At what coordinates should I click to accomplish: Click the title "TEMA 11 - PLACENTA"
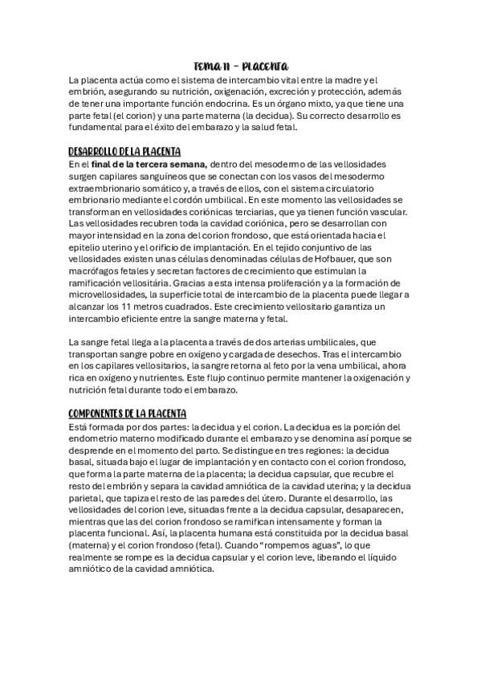tap(240, 67)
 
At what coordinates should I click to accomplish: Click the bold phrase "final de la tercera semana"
tap(144, 164)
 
